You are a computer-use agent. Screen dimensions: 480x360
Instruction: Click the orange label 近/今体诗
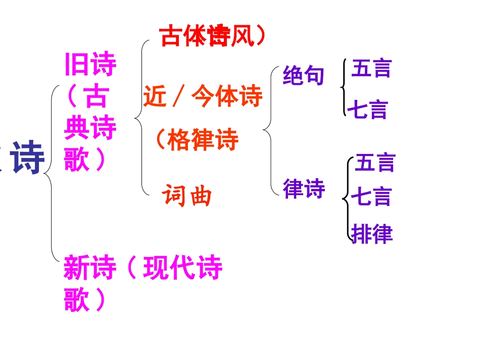[203, 96]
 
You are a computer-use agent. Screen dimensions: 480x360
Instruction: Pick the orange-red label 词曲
[187, 195]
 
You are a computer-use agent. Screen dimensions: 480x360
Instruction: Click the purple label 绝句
[304, 76]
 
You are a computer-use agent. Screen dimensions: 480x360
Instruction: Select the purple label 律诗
[304, 189]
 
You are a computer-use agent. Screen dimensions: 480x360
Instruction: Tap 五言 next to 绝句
[371, 68]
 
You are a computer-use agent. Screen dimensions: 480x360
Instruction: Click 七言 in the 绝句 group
[367, 110]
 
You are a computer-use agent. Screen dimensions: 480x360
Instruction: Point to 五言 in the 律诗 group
[375, 163]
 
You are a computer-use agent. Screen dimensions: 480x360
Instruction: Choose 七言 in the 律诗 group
[371, 196]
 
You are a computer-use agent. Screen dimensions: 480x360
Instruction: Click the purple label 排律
[372, 234]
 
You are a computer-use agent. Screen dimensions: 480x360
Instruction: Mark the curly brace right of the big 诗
[51, 174]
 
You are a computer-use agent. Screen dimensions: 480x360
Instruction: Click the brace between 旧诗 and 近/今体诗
[141, 119]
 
